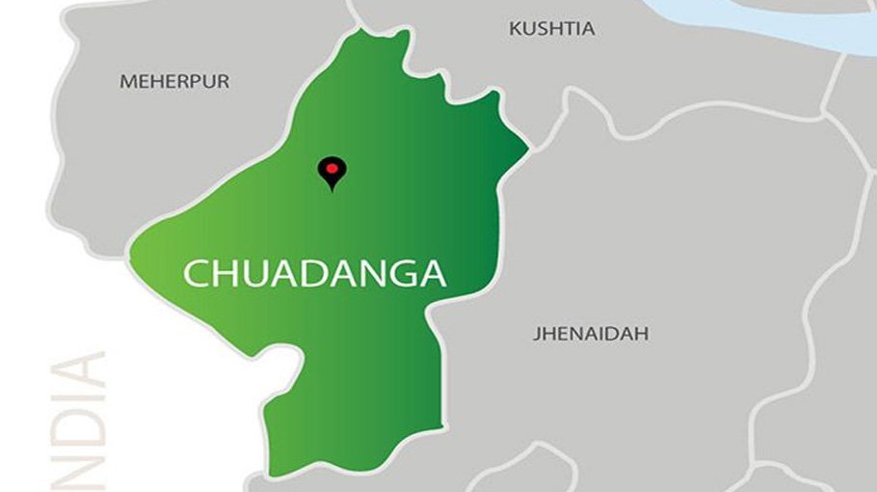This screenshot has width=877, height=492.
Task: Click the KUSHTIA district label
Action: [551, 29]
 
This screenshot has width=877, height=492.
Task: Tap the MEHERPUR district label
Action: [174, 82]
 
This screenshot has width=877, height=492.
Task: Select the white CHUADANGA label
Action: [315, 273]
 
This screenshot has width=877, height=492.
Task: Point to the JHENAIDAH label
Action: [591, 335]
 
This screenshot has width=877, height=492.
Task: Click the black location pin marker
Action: [332, 172]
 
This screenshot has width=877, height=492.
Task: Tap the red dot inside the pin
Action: [332, 168]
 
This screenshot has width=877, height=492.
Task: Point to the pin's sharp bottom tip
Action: [332, 190]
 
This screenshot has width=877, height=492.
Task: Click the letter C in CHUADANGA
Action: [196, 274]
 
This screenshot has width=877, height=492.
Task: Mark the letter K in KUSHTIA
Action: [515, 29]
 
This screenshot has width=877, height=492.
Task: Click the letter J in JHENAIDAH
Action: [536, 335]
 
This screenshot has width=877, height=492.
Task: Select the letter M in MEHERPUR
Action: [126, 82]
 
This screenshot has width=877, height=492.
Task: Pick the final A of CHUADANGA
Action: [433, 274]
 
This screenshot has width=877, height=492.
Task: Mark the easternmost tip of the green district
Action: [528, 149]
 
